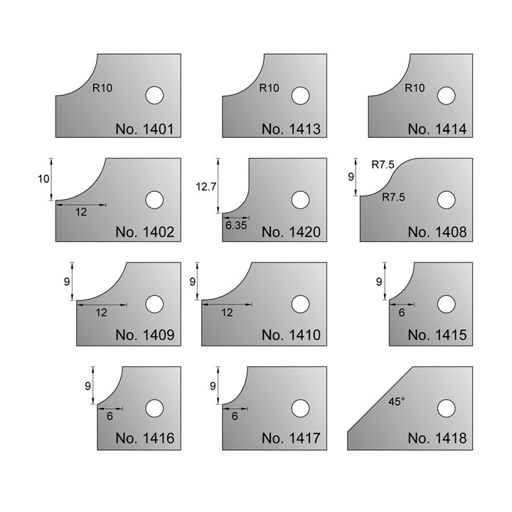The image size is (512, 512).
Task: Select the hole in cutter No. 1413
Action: pyautogui.click(x=299, y=95)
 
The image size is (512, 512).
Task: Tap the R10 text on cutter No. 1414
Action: pyautogui.click(x=414, y=89)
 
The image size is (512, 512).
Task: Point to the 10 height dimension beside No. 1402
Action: pyautogui.click(x=44, y=178)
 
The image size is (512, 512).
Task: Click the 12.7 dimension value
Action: pyautogui.click(x=205, y=186)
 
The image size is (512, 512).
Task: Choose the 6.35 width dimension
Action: pyautogui.click(x=234, y=225)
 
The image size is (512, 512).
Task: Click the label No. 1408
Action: pyautogui.click(x=437, y=232)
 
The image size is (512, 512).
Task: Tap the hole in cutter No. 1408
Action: pyautogui.click(x=446, y=200)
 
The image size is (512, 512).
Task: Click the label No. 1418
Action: pyautogui.click(x=437, y=439)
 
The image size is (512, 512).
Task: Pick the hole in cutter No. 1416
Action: pyautogui.click(x=154, y=408)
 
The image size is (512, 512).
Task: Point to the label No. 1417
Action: pyautogui.click(x=291, y=439)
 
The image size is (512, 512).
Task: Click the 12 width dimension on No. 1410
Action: pyautogui.click(x=227, y=313)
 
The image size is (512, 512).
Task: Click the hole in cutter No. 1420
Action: pyautogui.click(x=299, y=200)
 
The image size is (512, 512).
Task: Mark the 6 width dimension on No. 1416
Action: pyautogui.click(x=110, y=417)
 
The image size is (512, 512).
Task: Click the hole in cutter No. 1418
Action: pyautogui.click(x=446, y=408)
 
